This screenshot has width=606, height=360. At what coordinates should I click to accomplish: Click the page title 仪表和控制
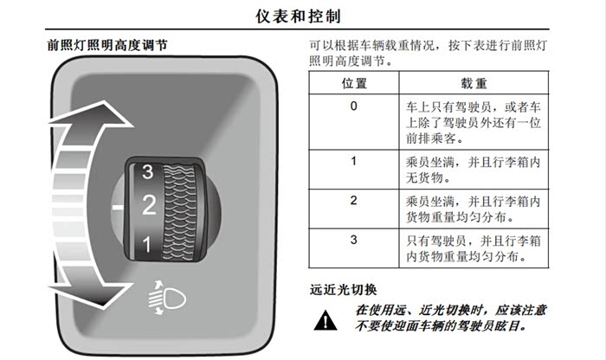[298, 16]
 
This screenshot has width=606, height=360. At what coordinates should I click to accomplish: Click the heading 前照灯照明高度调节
[107, 45]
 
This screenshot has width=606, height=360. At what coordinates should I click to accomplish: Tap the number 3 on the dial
[148, 172]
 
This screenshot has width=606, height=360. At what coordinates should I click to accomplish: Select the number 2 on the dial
[149, 205]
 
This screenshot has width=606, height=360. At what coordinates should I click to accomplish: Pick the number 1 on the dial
[146, 245]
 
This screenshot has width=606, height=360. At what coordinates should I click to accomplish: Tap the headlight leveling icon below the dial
[166, 298]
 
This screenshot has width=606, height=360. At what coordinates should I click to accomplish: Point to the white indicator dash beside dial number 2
[118, 208]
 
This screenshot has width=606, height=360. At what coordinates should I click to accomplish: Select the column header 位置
[354, 83]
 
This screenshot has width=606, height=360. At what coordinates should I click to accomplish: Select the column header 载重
[474, 83]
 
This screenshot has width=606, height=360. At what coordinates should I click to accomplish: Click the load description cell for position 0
[474, 122]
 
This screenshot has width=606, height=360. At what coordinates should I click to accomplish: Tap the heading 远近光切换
[343, 290]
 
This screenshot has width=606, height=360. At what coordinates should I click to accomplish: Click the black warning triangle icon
[326, 320]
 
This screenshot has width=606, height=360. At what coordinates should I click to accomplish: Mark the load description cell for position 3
[474, 248]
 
